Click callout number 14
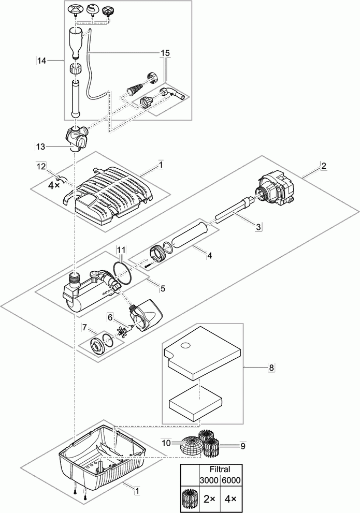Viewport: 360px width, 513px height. click(41, 61)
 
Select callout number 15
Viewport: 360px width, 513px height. click(166, 53)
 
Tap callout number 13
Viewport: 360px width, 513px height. click(41, 146)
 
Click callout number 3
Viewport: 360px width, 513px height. click(258, 226)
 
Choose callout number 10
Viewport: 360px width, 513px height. click(165, 443)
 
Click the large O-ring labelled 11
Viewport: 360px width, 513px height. click(122, 273)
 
